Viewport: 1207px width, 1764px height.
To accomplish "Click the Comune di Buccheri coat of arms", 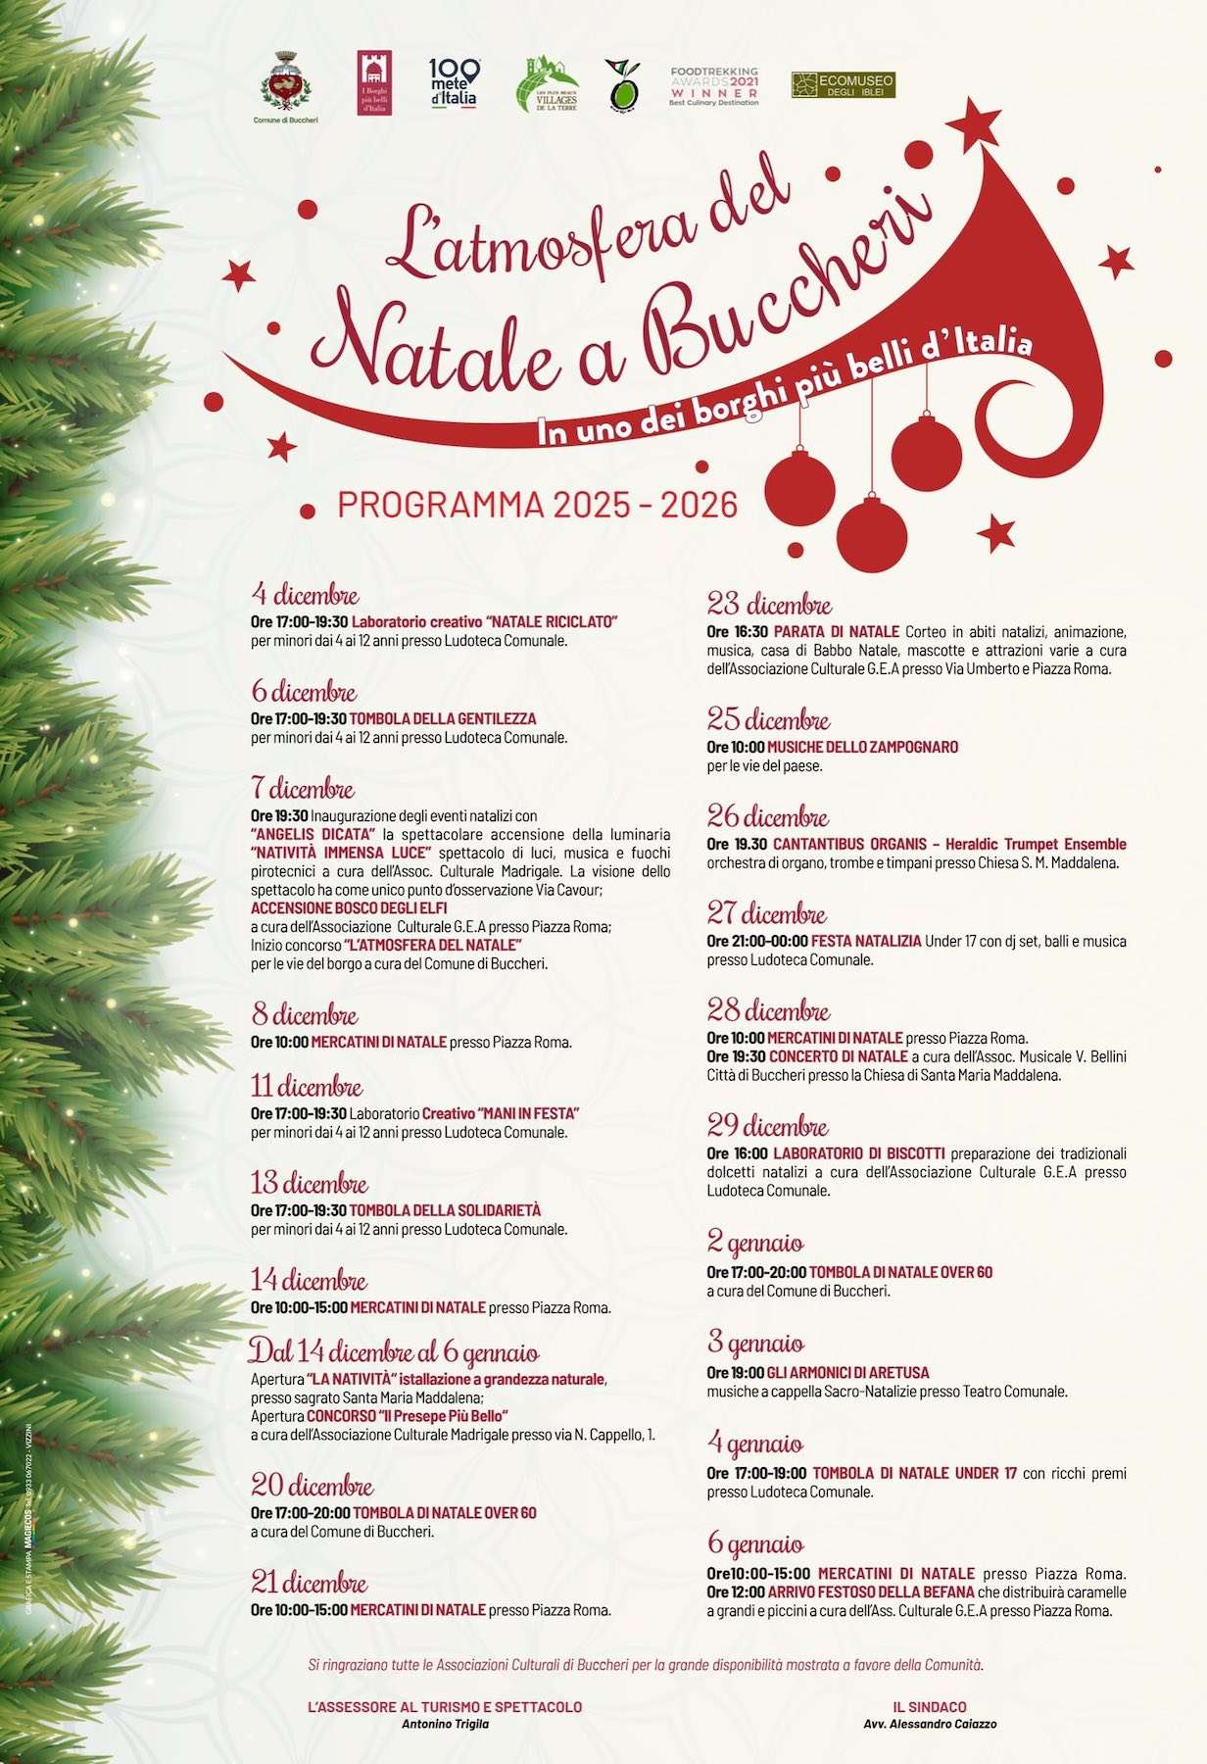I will (285, 80).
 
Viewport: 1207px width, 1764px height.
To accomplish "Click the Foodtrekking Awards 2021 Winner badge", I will (714, 86).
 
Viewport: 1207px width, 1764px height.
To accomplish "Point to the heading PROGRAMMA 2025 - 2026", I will (537, 505).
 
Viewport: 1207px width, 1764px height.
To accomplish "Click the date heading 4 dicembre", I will (306, 595).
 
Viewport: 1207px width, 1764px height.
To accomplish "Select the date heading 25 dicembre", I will (769, 719).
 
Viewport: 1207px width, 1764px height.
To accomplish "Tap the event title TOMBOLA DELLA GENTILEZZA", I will (443, 718).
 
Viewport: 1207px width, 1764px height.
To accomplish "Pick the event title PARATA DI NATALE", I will (836, 631).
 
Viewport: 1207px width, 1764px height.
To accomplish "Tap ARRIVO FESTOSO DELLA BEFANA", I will (871, 1592).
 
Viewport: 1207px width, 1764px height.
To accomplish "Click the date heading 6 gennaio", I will (755, 1544).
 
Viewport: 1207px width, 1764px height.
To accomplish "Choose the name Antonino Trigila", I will (445, 1724).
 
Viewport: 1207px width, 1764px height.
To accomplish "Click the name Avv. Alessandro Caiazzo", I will (930, 1724).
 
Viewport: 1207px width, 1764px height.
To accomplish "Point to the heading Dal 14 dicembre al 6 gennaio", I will (394, 1352).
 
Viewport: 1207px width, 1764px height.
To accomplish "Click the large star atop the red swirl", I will (973, 124).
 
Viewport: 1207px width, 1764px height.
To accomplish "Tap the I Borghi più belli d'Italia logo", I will (373, 82).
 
